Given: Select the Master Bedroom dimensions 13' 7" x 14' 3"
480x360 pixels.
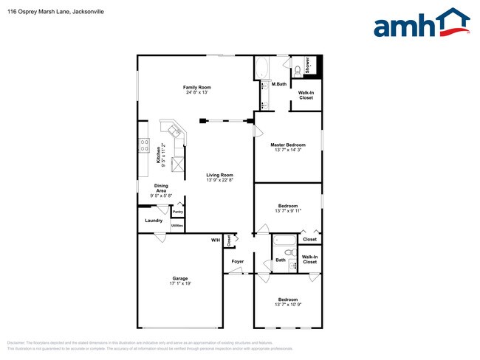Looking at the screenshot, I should (x=287, y=150).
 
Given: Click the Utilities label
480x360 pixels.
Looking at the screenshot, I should (x=177, y=225).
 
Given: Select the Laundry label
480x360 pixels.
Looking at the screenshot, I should (x=154, y=221).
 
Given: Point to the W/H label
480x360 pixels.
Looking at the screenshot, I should (x=216, y=240).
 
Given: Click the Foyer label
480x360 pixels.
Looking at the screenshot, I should (x=238, y=261).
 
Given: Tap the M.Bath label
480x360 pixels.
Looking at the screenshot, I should (x=279, y=84).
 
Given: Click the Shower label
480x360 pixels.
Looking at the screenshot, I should (x=307, y=65).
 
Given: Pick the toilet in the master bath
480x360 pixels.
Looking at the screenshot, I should (x=296, y=71).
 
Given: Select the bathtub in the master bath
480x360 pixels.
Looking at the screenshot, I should (x=263, y=69).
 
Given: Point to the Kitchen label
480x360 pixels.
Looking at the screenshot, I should (x=157, y=154).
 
